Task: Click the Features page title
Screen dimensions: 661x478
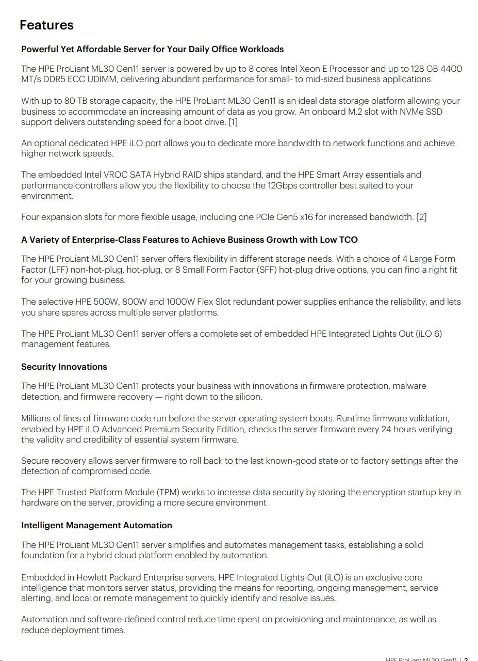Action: tap(46, 25)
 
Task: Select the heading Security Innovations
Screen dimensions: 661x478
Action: tap(64, 367)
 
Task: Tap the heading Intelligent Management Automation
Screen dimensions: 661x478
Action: tap(96, 525)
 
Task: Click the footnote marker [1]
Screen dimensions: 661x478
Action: tap(233, 122)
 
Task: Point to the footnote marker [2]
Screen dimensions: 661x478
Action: tap(421, 217)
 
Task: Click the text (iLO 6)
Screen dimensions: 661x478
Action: tap(429, 334)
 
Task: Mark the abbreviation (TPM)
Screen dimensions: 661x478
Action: tap(167, 492)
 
